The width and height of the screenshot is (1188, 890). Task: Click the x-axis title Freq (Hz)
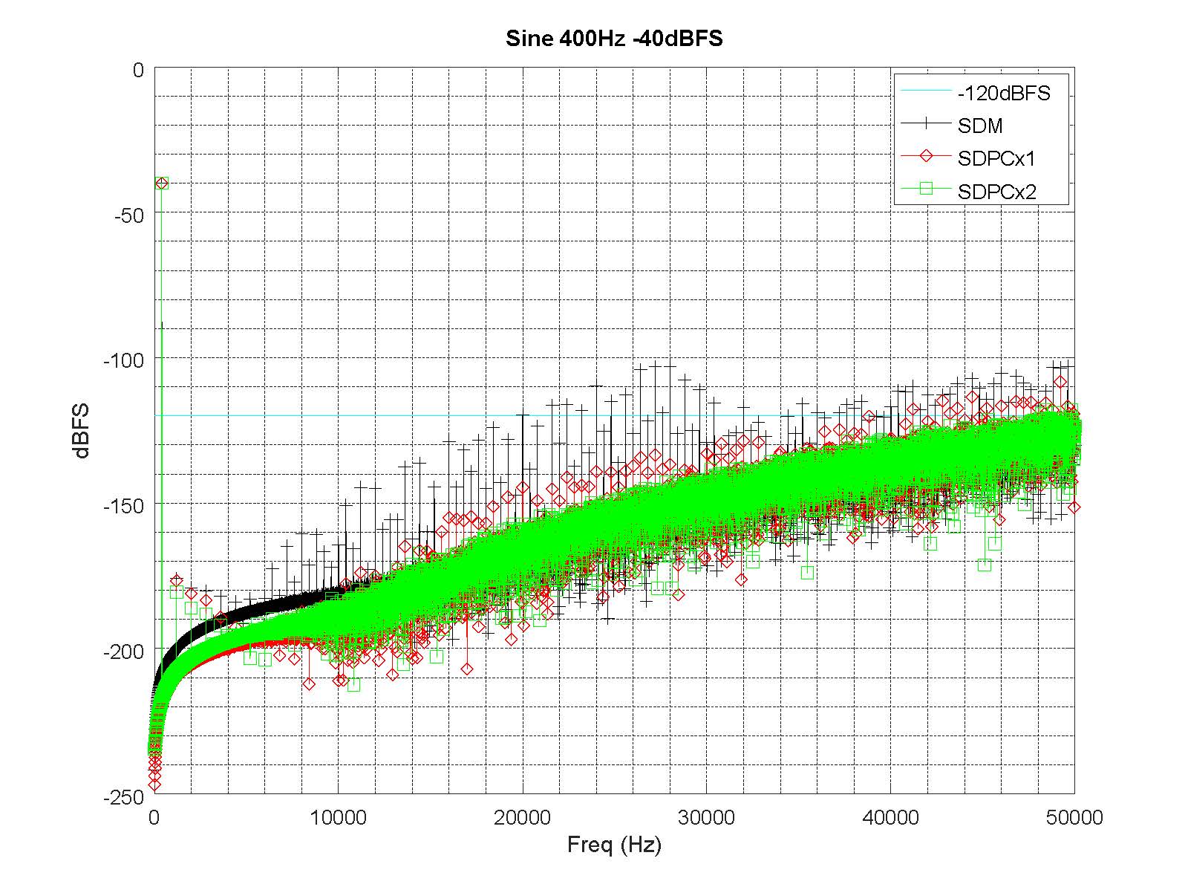click(613, 844)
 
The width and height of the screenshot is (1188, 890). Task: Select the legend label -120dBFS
click(1003, 94)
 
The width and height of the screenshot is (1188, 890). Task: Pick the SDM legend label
click(979, 126)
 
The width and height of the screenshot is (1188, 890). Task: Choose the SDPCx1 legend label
click(996, 158)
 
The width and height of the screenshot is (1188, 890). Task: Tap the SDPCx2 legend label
click(996, 191)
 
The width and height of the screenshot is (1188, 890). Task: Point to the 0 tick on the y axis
click(138, 70)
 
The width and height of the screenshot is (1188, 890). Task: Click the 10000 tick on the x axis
click(338, 818)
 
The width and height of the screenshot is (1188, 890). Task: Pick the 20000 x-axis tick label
click(522, 818)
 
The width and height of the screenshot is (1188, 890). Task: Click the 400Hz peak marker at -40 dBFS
click(162, 183)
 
